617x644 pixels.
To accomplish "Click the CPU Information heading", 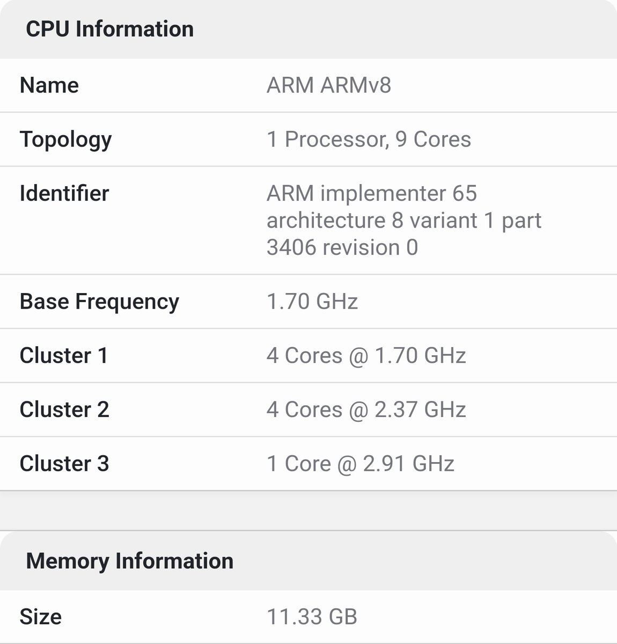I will (x=109, y=29).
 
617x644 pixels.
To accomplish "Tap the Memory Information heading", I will (x=129, y=561).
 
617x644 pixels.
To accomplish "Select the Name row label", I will (x=49, y=85).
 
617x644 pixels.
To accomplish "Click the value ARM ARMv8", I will (x=328, y=85).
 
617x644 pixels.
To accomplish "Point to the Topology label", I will (x=65, y=140).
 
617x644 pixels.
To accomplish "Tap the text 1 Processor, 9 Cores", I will (x=369, y=140).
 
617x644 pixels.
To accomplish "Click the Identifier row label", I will (x=64, y=193).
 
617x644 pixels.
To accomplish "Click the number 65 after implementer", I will (x=464, y=193).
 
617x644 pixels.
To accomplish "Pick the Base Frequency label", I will (x=99, y=302).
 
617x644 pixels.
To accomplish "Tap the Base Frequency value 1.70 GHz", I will (x=312, y=302).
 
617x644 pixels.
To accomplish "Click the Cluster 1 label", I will (x=64, y=356).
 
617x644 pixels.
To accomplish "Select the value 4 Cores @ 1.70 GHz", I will (x=366, y=356).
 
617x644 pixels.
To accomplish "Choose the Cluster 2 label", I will (x=64, y=409).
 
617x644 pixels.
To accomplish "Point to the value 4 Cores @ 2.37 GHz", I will (x=366, y=409).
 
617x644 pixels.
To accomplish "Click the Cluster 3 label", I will (x=64, y=464).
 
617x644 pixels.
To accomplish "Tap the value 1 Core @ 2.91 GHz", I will (x=360, y=464).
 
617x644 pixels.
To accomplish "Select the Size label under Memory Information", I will (x=41, y=617).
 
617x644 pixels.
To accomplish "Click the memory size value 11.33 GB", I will (x=312, y=617).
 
